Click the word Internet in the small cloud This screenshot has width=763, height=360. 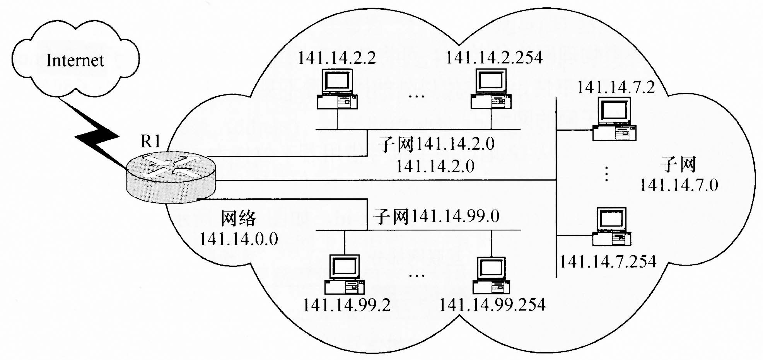[x=75, y=60]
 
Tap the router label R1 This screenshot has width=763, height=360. [x=150, y=142]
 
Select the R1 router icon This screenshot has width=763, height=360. [x=171, y=177]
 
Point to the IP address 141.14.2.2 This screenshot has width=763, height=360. [x=337, y=58]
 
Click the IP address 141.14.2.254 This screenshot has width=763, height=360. [x=494, y=58]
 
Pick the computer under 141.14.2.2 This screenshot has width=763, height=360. [x=337, y=89]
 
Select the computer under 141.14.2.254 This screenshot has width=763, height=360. [x=491, y=89]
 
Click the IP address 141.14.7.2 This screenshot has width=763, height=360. [x=616, y=87]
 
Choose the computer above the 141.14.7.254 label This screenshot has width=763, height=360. [x=611, y=227]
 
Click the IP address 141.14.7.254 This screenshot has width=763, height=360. [x=608, y=262]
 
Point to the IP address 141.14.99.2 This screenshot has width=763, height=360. [x=347, y=305]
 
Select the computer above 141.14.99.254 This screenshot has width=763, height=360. [x=491, y=275]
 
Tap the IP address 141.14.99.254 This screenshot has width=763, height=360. [x=492, y=305]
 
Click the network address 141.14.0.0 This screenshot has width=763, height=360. [x=239, y=239]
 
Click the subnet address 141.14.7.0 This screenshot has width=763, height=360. [x=679, y=185]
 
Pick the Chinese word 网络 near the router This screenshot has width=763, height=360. [x=239, y=218]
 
